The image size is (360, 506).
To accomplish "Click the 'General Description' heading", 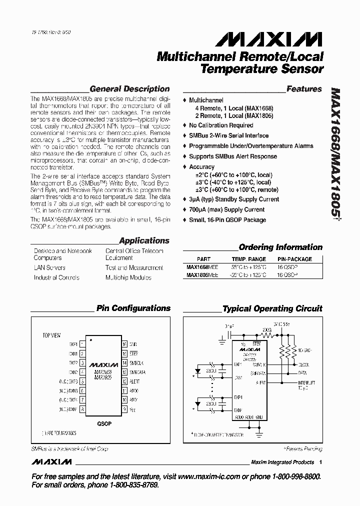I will point(129,89).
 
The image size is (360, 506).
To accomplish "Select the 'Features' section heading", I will point(304,89).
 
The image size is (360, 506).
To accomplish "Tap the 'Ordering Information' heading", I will point(280,247).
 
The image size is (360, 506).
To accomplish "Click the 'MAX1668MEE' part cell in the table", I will point(202,267).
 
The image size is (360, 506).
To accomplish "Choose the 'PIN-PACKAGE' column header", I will point(294,259).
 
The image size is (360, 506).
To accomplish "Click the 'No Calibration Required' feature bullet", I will point(221,125).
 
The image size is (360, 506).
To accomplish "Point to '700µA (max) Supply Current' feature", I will point(227,209).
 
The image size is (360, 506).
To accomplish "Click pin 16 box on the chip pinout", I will point(124,344).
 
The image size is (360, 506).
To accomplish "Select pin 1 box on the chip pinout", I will point(82,344).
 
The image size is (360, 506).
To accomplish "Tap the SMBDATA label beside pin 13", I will point(137,372).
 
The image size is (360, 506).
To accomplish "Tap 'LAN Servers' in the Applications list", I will point(49,267).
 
